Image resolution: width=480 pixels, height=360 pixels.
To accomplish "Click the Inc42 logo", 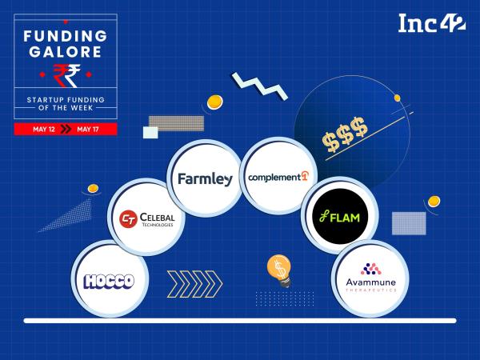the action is tap(432, 23).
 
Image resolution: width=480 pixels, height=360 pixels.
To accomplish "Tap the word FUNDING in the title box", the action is tap(66, 36).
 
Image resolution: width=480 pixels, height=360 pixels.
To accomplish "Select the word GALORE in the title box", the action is tap(66, 52).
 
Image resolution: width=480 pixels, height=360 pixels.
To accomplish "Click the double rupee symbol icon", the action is tap(66, 76).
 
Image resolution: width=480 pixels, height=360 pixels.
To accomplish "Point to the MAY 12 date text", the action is tap(44, 129).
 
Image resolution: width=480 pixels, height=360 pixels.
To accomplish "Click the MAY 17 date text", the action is tap(88, 129).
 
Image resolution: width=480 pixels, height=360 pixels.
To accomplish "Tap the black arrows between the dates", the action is tap(66, 129).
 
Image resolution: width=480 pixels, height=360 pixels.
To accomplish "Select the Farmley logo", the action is tap(205, 179).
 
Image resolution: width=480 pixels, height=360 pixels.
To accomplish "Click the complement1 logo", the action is tap(278, 177).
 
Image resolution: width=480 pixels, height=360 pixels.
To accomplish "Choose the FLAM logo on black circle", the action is tap(340, 217).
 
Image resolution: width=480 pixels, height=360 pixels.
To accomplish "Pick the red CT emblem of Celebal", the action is tap(128, 219).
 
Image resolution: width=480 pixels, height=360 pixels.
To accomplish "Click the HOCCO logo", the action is tap(110, 281).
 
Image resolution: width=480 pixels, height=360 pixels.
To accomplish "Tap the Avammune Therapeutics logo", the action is tap(371, 278).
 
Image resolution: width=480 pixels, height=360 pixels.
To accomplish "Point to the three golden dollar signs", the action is tap(345, 134).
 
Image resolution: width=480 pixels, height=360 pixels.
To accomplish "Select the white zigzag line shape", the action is tap(259, 86).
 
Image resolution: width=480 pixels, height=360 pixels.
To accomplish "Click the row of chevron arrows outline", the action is tap(194, 284).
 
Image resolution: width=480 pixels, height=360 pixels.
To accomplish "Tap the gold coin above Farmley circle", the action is tap(214, 102).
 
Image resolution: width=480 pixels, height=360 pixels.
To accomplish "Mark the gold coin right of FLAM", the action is tap(434, 202).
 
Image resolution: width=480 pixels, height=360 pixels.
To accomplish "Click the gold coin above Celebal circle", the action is tap(93, 189).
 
